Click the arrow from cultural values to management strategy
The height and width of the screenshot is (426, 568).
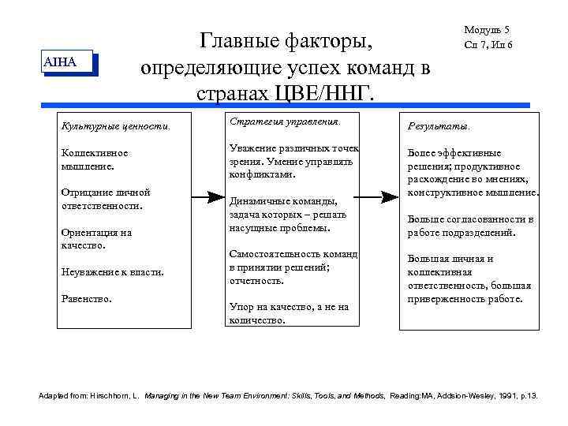[207, 196]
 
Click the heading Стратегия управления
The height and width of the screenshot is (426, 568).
[285, 122]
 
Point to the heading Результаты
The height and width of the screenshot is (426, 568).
[438, 125]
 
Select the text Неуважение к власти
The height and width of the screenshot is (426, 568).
[112, 272]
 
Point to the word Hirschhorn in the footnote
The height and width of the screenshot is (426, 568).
[121, 394]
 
